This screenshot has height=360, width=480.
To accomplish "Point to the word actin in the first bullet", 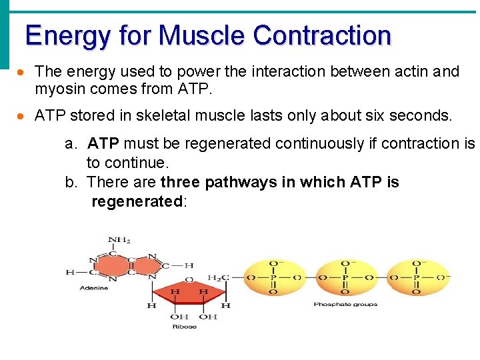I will [x=413, y=71].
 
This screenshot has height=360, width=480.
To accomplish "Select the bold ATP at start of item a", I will [x=103, y=143].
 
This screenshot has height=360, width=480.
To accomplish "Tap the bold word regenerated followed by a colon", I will [x=137, y=201].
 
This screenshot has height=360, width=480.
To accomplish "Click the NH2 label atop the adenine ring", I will [x=119, y=241].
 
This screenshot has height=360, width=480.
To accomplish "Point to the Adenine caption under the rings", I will [x=93, y=288].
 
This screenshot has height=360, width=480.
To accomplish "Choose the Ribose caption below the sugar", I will [x=185, y=327].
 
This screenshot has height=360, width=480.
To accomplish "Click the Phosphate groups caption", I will [x=345, y=304].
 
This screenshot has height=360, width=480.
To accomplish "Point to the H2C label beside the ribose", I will [x=218, y=277].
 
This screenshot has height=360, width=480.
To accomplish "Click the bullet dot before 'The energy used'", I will [x=22, y=72].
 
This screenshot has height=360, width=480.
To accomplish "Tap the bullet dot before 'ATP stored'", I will [x=22, y=116].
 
